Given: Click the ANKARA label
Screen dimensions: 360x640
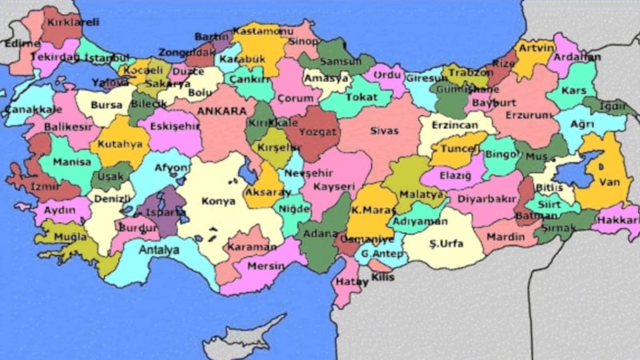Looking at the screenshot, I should (x=221, y=111).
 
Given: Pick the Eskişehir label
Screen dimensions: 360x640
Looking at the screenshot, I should (x=174, y=125).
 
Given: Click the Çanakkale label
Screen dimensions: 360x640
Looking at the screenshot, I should (x=33, y=110).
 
